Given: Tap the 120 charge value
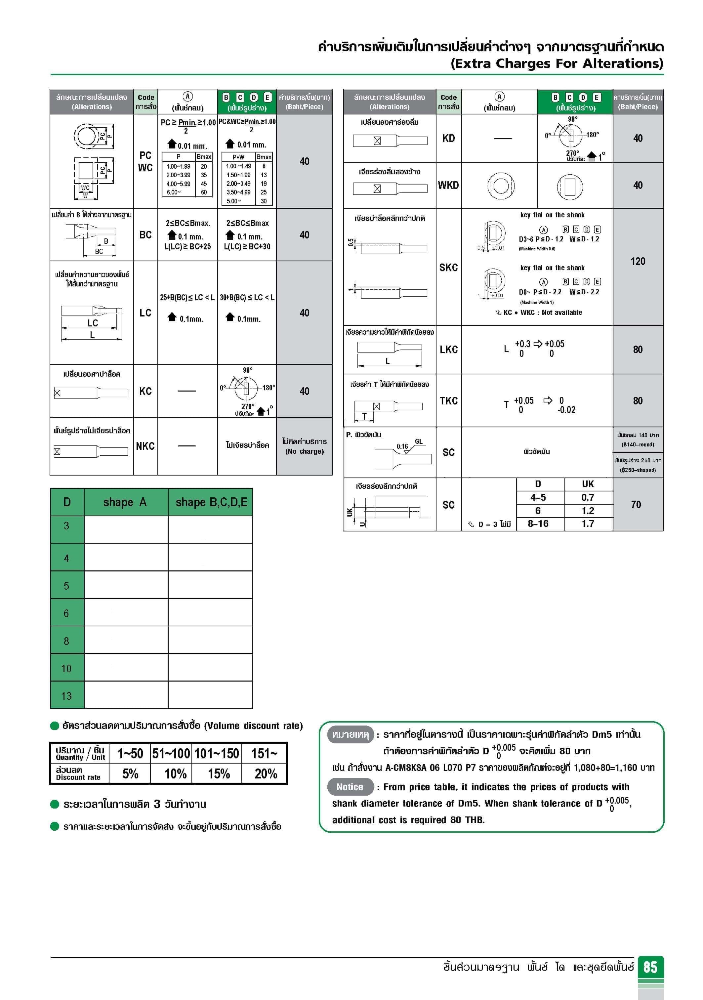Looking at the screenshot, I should tap(638, 261).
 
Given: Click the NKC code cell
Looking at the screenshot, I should tap(145, 446).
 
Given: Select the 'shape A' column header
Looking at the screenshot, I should tap(125, 502).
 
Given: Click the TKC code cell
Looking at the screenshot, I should tap(448, 401).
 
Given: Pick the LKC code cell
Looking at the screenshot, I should tap(448, 349).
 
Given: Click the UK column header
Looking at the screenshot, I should tap(588, 484).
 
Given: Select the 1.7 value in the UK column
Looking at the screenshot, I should tap(588, 523).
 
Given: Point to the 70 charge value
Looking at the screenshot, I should tap(636, 504).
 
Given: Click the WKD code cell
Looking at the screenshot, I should tap(448, 185).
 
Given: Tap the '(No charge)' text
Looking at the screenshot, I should tap(305, 451).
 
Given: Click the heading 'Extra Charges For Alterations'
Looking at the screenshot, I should tap(557, 63).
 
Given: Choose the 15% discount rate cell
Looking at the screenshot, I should tap(219, 773).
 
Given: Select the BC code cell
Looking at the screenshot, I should tap(145, 235).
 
